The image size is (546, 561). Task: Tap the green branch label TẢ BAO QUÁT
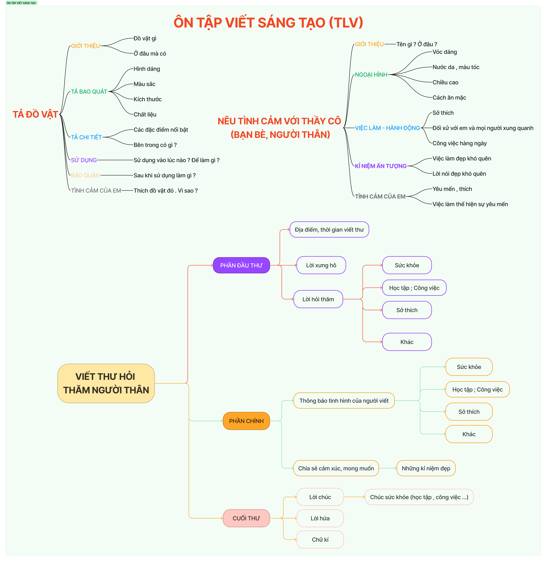89,92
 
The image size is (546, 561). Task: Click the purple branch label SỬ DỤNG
84,160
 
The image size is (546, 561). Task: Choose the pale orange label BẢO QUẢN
85,175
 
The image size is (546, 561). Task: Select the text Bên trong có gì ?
155,145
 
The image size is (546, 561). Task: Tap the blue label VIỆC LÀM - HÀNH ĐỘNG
387,128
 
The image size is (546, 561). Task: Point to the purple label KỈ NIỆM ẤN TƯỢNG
381,166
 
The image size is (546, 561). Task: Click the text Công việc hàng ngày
459,143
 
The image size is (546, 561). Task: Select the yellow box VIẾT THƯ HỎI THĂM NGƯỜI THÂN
106,383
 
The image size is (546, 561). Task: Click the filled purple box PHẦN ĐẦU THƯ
241,265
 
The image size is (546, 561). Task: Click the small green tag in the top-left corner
22,3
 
